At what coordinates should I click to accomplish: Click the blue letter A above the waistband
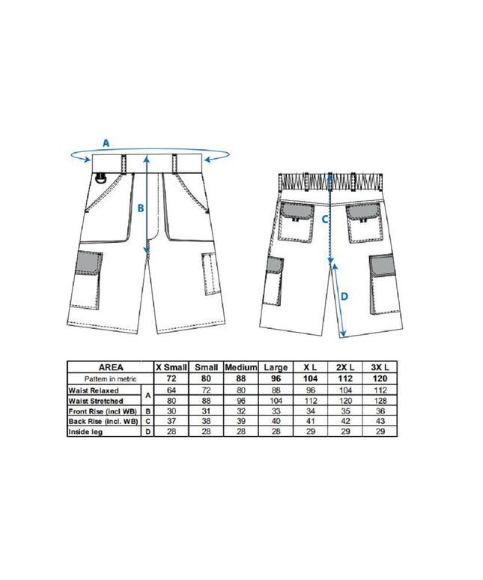pyautogui.click(x=106, y=142)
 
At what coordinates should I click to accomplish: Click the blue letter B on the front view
pyautogui.click(x=140, y=208)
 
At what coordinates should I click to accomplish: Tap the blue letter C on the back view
pyautogui.click(x=324, y=219)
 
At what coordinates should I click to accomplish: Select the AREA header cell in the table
pyautogui.click(x=109, y=367)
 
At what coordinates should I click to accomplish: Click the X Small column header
pyautogui.click(x=171, y=367)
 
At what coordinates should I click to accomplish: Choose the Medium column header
pyautogui.click(x=242, y=367)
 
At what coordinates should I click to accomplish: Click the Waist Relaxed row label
pyautogui.click(x=95, y=390)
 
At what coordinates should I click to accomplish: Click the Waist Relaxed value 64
pyautogui.click(x=171, y=390)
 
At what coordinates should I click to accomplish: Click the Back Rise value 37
pyautogui.click(x=171, y=421)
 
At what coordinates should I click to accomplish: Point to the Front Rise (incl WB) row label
pyautogui.click(x=103, y=411)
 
